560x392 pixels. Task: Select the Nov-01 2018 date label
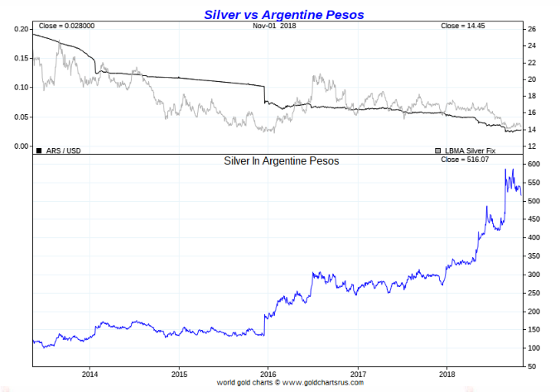tap(275, 26)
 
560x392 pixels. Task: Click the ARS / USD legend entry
tap(59, 150)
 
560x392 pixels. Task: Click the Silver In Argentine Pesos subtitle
tap(282, 161)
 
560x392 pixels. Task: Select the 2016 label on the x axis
tap(268, 374)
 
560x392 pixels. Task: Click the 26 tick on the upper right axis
tap(532, 30)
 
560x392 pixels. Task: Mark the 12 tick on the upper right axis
tap(532, 146)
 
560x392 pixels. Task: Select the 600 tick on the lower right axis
tap(535, 165)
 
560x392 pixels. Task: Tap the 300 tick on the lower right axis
tap(535, 275)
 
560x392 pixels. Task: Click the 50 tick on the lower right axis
tap(533, 366)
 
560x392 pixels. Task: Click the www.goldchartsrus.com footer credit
tap(303, 382)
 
